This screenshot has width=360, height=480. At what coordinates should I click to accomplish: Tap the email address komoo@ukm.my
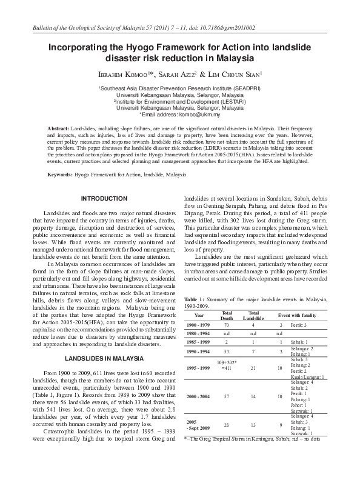click(203, 114)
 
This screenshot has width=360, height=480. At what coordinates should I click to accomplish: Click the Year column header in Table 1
click(199, 316)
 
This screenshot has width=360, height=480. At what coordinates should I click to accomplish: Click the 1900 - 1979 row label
click(199, 325)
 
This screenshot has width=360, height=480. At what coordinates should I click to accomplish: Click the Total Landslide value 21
click(253, 367)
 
